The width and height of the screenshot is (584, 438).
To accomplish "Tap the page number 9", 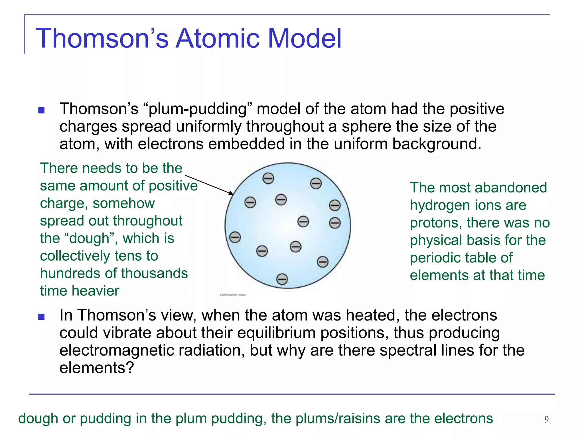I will (546, 419).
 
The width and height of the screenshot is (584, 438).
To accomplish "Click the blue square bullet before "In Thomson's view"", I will (42, 317).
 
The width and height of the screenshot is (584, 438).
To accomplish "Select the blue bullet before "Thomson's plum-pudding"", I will (42, 110).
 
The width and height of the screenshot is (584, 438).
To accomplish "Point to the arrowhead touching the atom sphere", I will (231, 193).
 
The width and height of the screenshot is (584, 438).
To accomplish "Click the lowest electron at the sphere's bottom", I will (282, 279).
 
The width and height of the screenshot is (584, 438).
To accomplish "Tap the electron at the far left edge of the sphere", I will (235, 237).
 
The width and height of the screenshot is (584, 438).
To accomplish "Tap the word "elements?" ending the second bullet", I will (96, 368).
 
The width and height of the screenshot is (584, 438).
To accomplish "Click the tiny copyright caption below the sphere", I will (233, 295).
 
